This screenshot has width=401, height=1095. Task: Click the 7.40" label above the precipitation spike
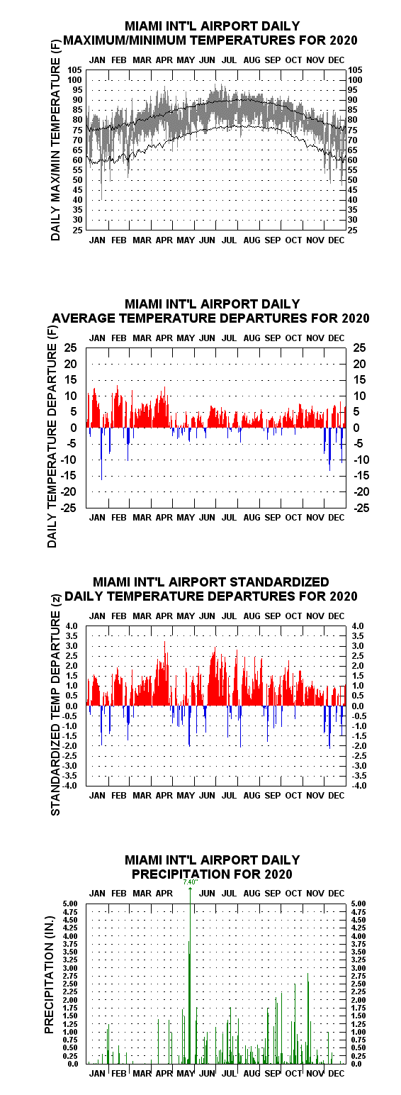tap(190, 882)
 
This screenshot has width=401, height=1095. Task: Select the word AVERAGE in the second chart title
tap(84, 318)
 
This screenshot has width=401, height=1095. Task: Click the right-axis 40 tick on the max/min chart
tap(352, 200)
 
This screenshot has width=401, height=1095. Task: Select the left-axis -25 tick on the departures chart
tap(70, 508)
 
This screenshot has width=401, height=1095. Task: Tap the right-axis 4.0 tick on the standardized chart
tap(358, 626)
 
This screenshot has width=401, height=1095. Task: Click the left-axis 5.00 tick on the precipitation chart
tap(71, 904)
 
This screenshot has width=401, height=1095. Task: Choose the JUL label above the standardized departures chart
tap(229, 616)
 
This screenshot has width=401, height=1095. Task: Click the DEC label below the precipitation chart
tap(336, 1074)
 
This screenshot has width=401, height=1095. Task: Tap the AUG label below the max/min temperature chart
tap(252, 240)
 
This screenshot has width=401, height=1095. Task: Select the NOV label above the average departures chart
tap(315, 338)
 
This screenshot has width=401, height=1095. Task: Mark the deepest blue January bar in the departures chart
tap(101, 454)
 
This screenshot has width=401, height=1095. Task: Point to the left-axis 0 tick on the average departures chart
tap(74, 428)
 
